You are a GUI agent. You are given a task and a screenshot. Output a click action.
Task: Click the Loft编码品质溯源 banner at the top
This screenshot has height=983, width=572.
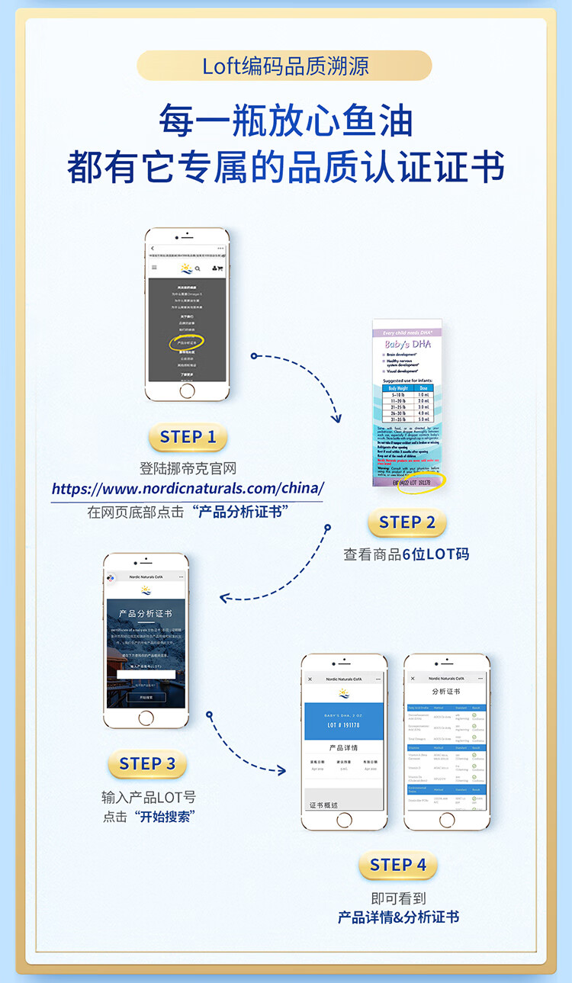click(284, 66)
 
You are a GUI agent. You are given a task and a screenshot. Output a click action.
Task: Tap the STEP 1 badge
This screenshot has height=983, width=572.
click(188, 438)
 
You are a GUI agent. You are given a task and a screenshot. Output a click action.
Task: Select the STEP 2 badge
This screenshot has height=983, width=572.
click(407, 522)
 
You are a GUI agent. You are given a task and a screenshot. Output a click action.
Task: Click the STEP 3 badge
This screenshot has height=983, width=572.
click(147, 763)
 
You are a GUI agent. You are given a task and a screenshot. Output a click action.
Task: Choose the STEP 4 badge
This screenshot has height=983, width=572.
click(397, 865)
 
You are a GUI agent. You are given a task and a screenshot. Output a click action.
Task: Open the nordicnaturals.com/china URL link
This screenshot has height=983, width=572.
click(188, 488)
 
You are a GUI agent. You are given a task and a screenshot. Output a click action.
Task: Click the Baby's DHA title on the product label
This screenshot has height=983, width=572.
click(411, 344)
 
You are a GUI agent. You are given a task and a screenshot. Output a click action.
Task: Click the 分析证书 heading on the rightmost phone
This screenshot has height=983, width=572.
click(446, 691)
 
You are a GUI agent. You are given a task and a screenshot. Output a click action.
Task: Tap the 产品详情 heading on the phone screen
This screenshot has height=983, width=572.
click(343, 748)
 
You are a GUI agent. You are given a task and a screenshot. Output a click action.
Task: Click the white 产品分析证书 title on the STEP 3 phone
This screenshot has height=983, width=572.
click(145, 613)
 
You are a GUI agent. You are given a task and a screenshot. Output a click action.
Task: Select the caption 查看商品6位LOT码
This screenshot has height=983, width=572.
click(407, 554)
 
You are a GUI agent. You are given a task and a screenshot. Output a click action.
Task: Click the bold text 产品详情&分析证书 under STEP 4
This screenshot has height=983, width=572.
click(398, 917)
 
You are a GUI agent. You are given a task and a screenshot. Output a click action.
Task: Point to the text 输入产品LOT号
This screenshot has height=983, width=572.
click(149, 798)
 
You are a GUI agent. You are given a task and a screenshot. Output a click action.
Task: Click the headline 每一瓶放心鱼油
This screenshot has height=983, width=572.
click(286, 121)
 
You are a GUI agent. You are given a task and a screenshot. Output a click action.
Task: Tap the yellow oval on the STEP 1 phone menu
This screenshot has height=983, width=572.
click(187, 342)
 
